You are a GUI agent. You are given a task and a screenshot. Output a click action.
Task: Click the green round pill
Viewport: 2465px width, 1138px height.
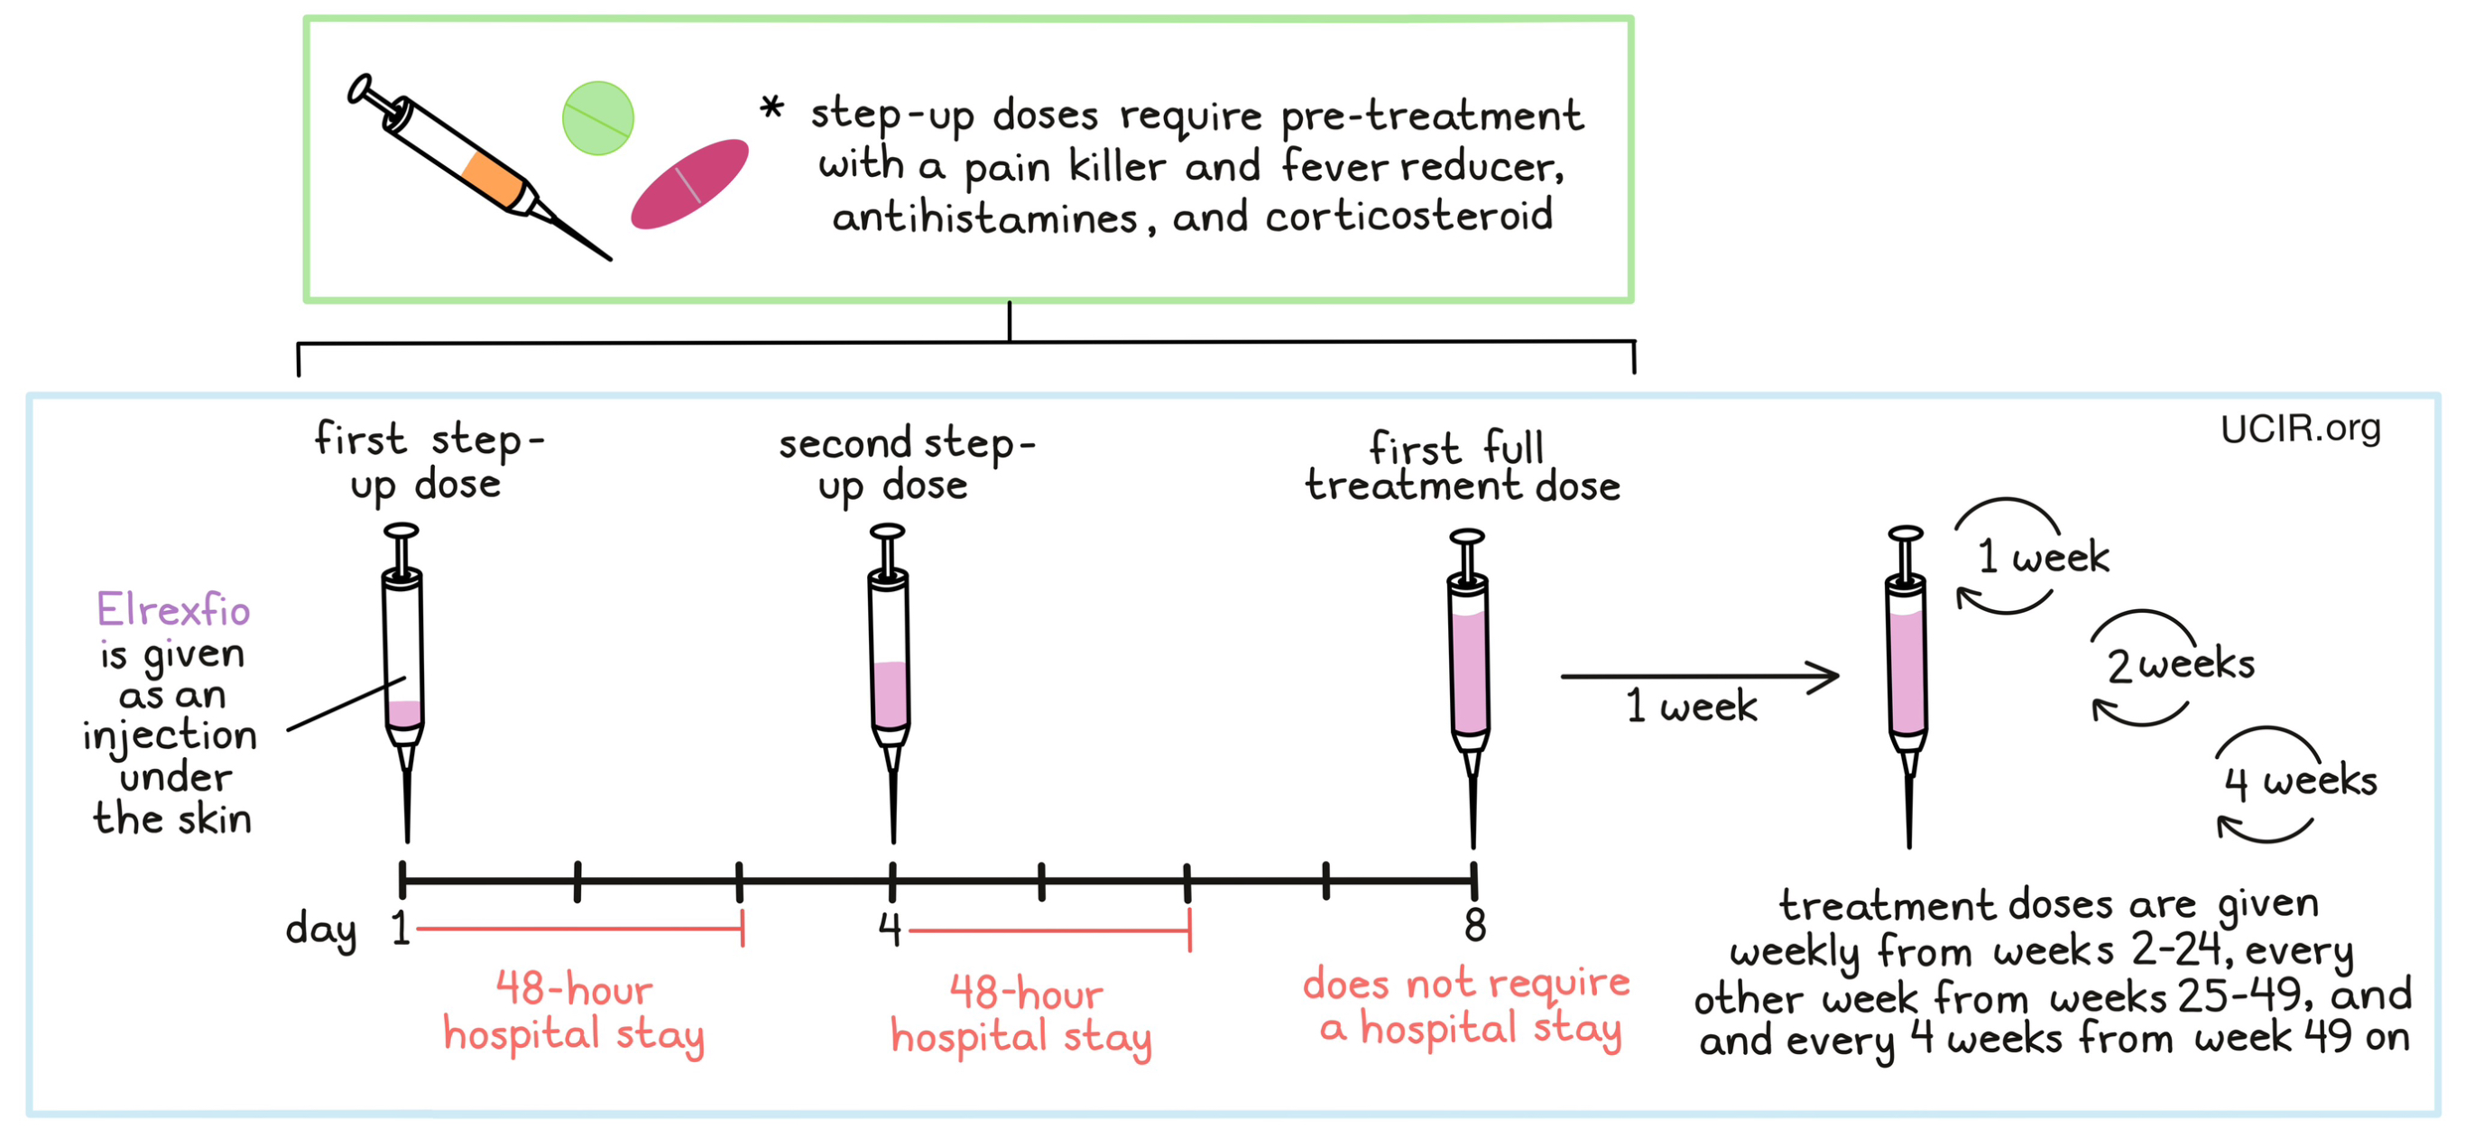click(x=598, y=117)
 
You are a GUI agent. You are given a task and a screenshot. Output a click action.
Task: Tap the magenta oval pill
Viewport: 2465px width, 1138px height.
click(x=689, y=184)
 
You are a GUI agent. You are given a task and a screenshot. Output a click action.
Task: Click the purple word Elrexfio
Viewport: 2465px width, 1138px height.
click(x=173, y=610)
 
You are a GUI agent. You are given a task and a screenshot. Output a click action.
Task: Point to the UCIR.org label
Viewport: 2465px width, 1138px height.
click(x=2300, y=428)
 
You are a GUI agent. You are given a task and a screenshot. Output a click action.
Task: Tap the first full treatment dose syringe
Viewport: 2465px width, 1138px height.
click(x=1469, y=670)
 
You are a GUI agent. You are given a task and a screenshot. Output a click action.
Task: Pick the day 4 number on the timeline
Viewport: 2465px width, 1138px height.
click(x=890, y=928)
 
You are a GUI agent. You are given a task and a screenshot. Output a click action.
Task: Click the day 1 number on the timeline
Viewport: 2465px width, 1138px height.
click(x=400, y=928)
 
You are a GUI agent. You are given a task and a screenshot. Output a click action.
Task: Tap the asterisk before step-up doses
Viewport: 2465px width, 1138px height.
click(x=771, y=108)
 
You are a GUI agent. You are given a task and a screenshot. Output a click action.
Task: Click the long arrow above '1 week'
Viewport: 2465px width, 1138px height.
click(x=1698, y=676)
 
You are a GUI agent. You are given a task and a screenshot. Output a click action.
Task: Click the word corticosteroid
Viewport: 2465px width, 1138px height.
click(x=1408, y=217)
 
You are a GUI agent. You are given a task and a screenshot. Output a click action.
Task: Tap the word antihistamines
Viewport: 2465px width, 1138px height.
click(x=984, y=218)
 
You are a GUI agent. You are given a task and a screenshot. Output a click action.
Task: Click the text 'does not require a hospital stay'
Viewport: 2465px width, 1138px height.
click(x=1466, y=1005)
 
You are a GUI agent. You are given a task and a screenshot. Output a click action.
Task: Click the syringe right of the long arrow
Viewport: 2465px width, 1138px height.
click(x=1906, y=670)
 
